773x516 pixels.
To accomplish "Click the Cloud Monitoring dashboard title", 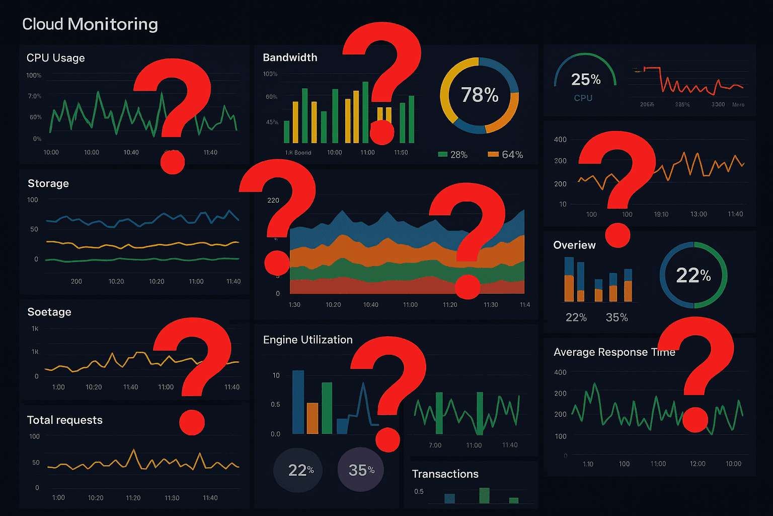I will [x=90, y=24].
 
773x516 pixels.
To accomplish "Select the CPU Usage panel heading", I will [x=55, y=58].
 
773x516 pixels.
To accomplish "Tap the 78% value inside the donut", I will [x=480, y=95].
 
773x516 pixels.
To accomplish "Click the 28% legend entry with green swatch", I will [x=453, y=155].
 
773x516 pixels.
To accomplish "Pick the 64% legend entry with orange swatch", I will [x=506, y=155].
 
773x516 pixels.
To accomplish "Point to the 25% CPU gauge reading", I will [x=585, y=80].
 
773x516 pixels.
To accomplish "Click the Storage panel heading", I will [x=48, y=183].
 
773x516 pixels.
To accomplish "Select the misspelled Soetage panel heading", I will [x=49, y=312].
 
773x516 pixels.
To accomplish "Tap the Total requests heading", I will [x=64, y=420].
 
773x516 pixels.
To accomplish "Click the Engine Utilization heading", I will [x=307, y=340].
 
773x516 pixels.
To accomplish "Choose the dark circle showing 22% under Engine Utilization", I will [x=298, y=470].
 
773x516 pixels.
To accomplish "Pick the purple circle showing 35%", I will [x=361, y=470].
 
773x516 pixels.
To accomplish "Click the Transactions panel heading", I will [x=445, y=474].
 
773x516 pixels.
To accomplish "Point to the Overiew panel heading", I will [x=574, y=245].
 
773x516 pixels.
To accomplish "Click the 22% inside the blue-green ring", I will [x=693, y=275].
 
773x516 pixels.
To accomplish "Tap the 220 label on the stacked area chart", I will [x=273, y=200].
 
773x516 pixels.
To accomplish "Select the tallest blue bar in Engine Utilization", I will [x=298, y=402].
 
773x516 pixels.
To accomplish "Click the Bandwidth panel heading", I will [x=290, y=57].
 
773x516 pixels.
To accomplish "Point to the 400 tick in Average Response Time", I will [x=560, y=372].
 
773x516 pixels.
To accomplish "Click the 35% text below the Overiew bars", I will [x=616, y=317].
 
